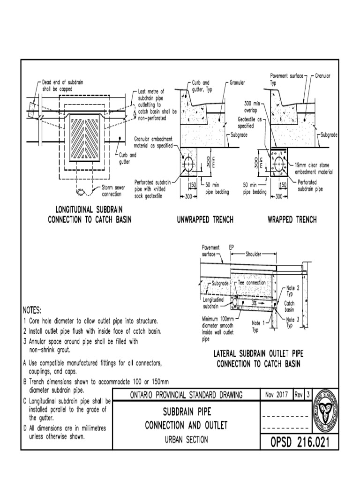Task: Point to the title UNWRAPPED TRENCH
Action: pyautogui.click(x=204, y=219)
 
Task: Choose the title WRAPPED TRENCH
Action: pyautogui.click(x=292, y=219)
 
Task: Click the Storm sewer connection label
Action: pyautogui.click(x=113, y=190)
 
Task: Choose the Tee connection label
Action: pyautogui.click(x=253, y=283)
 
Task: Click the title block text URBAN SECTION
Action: pyautogui.click(x=186, y=440)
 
